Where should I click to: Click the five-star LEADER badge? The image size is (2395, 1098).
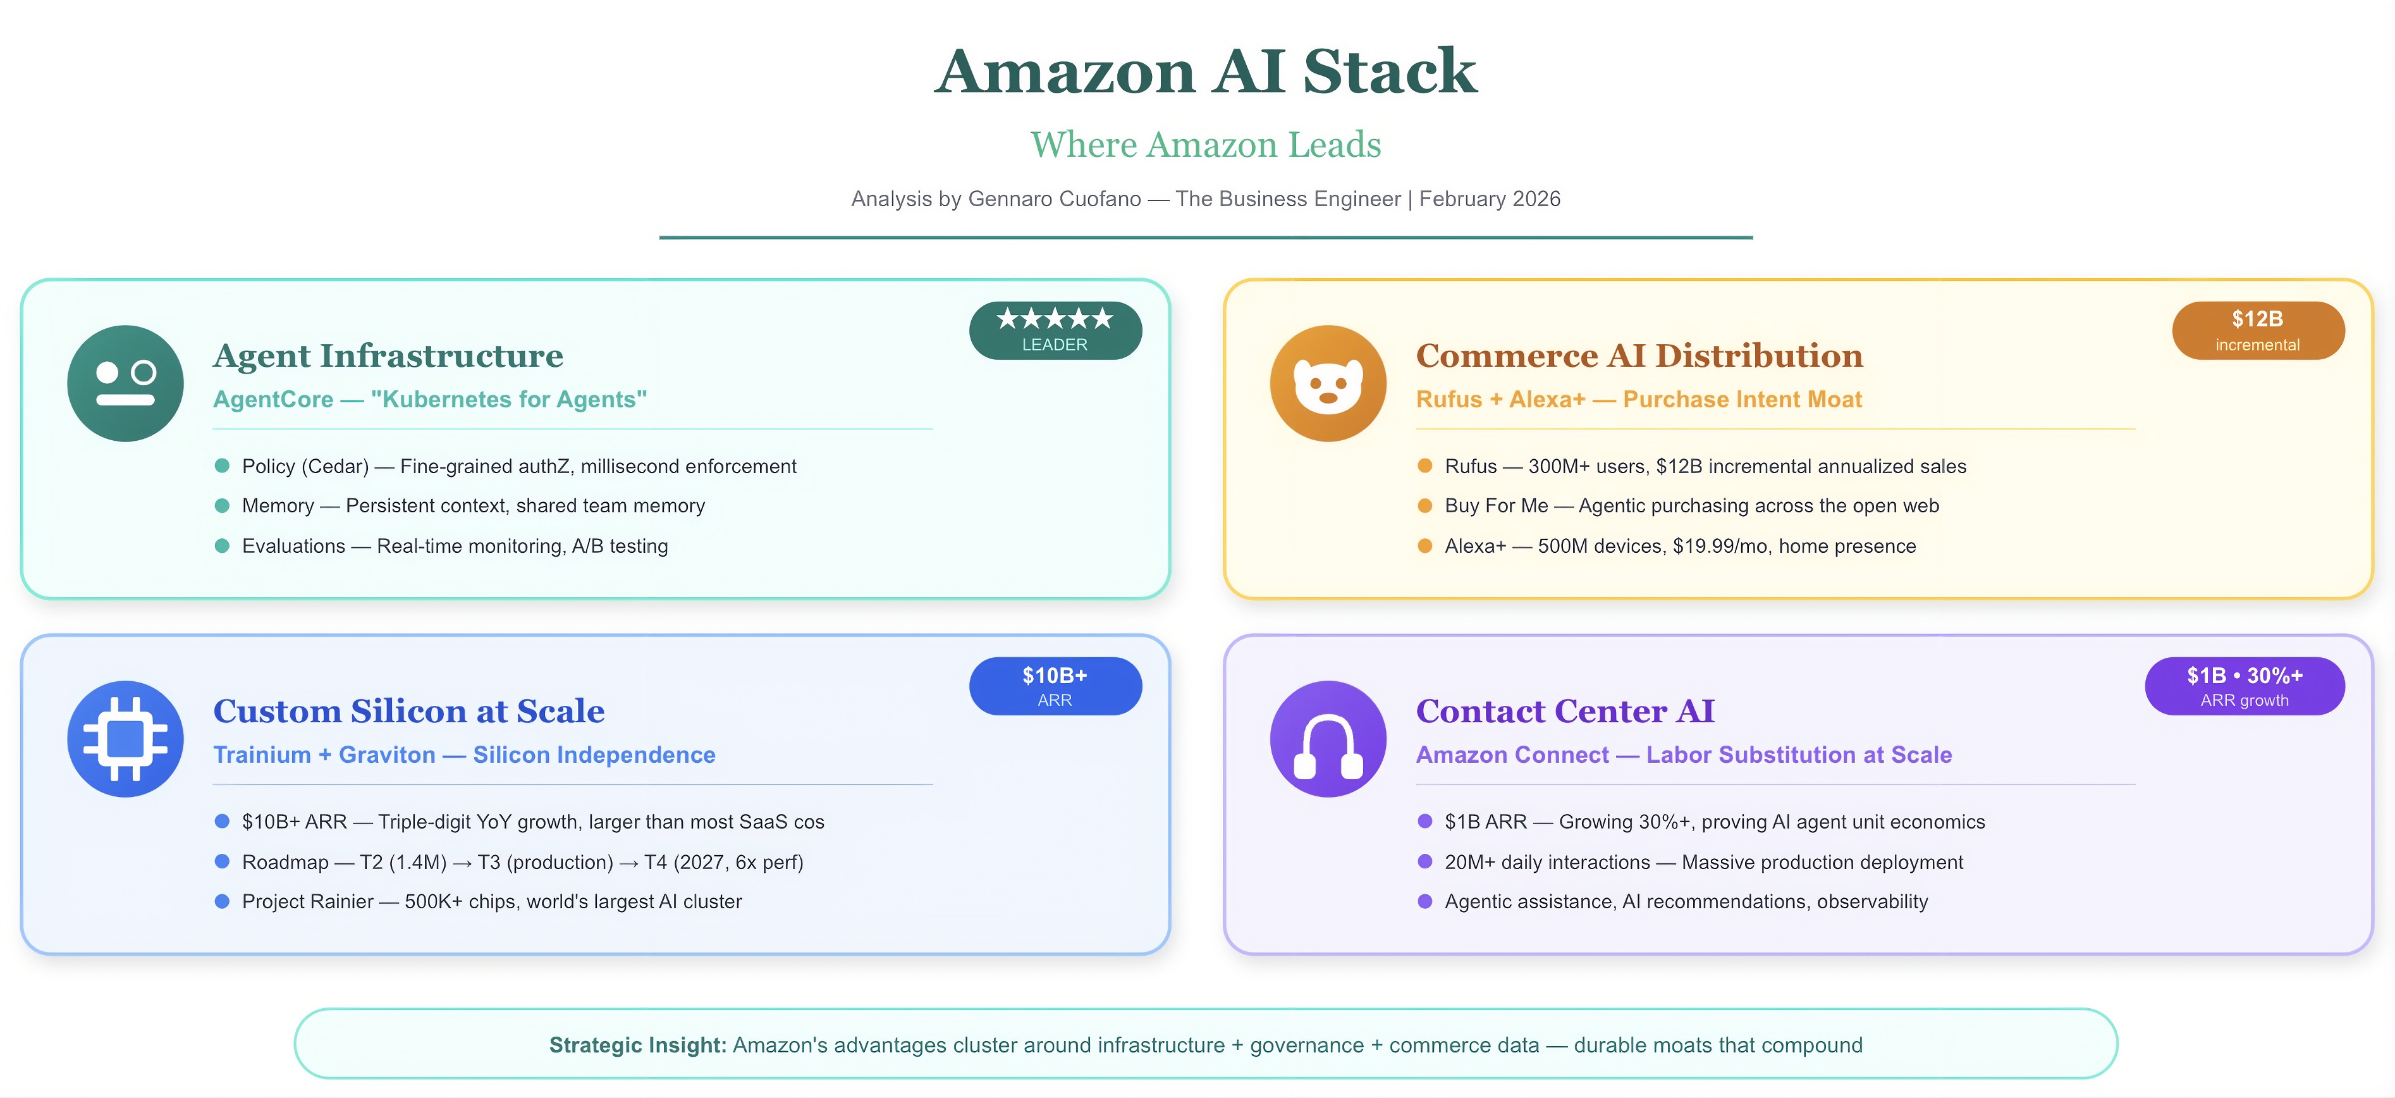1055,330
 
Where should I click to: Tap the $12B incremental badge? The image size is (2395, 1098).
2257,330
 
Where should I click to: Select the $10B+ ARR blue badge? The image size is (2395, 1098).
1055,686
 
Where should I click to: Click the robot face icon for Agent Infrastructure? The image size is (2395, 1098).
126,383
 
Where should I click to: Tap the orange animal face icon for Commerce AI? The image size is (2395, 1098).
1328,383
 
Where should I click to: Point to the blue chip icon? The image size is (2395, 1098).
126,739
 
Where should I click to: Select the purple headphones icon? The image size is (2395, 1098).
1328,739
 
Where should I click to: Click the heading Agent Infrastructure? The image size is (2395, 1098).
388,355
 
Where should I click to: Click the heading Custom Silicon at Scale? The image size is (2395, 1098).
408,712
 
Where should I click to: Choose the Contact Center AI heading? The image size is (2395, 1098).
1565,712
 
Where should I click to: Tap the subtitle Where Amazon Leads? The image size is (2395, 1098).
1205,145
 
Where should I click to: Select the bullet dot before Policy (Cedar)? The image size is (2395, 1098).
222,466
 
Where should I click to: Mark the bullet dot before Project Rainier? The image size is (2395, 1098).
222,901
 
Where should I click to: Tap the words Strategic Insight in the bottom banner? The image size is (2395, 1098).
637,1045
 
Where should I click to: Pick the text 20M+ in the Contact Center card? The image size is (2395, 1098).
1469,862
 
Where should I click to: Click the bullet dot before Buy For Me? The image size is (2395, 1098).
1424,506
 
